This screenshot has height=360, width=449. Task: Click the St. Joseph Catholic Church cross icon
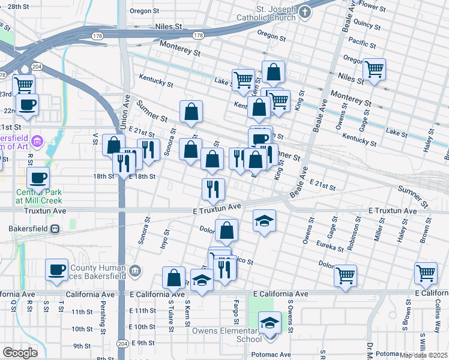tap(306, 12)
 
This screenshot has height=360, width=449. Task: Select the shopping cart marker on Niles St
tap(374, 70)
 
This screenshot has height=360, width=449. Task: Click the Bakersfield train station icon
tap(55, 229)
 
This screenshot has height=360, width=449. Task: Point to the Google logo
tap(20, 352)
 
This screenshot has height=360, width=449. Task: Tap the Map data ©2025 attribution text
tap(423, 355)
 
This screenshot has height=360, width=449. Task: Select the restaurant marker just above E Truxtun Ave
tap(213, 190)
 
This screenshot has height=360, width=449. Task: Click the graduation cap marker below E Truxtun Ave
tap(264, 221)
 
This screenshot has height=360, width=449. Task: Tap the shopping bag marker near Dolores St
tap(226, 230)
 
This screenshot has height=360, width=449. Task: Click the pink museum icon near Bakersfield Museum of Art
tap(37, 142)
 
